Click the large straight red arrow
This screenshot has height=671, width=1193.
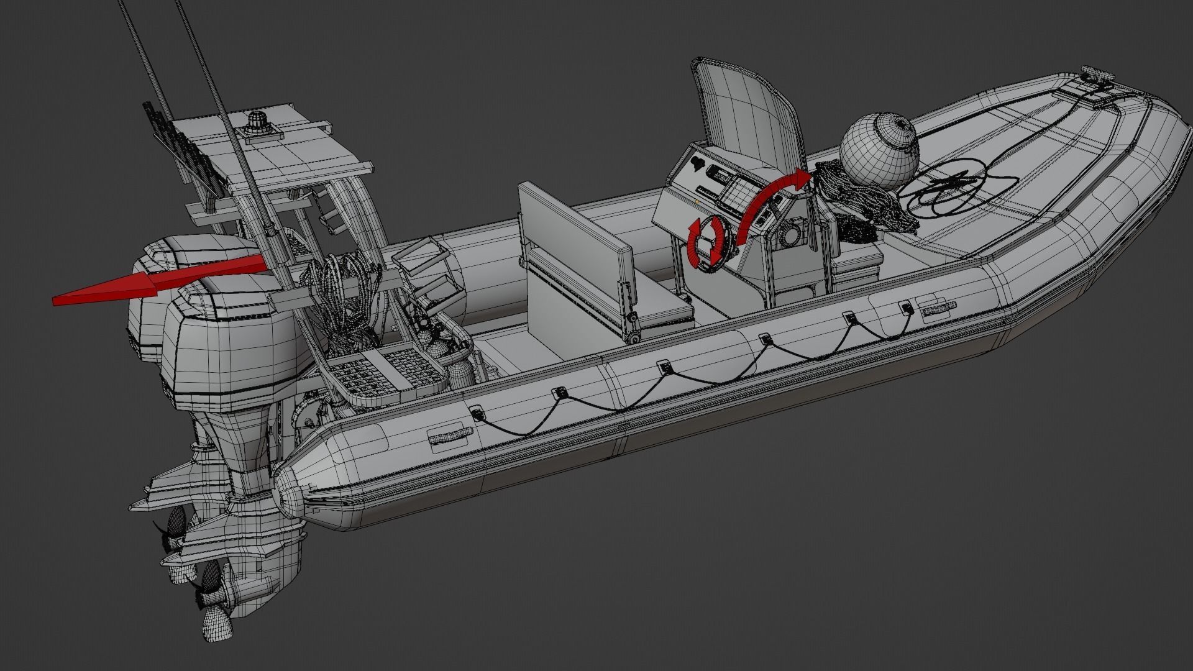(155, 283)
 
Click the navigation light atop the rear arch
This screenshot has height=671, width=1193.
(257, 121)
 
